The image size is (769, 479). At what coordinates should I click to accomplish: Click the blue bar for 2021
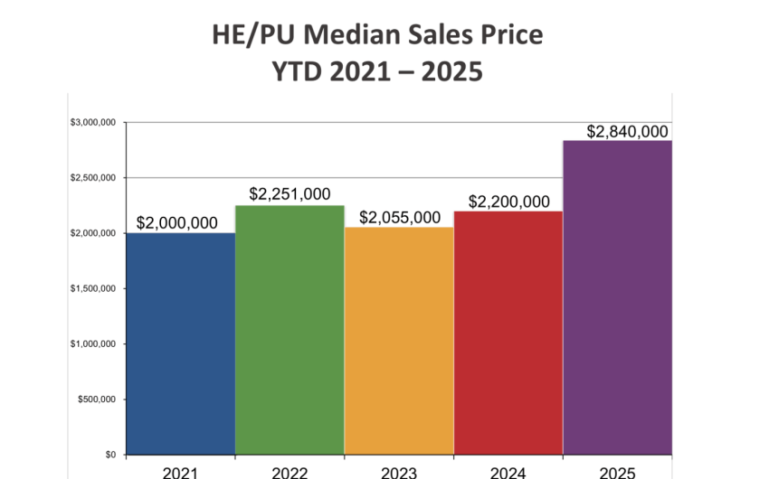tap(180, 343)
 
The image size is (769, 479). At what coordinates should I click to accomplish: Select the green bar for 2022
tap(290, 330)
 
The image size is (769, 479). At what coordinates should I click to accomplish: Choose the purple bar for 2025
tap(617, 298)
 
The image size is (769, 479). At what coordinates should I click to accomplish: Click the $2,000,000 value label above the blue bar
tap(177, 223)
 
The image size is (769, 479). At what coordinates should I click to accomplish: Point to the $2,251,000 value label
tap(290, 194)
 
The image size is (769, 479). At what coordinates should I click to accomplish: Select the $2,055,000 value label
tap(400, 218)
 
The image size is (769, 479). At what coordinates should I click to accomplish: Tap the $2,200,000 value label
tap(508, 201)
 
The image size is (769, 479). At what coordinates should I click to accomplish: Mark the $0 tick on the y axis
tap(110, 455)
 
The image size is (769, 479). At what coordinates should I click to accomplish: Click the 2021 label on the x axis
tap(181, 472)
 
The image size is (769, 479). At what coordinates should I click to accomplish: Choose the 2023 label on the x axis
tap(399, 472)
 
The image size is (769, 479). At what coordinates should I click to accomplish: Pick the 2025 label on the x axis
tap(617, 472)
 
